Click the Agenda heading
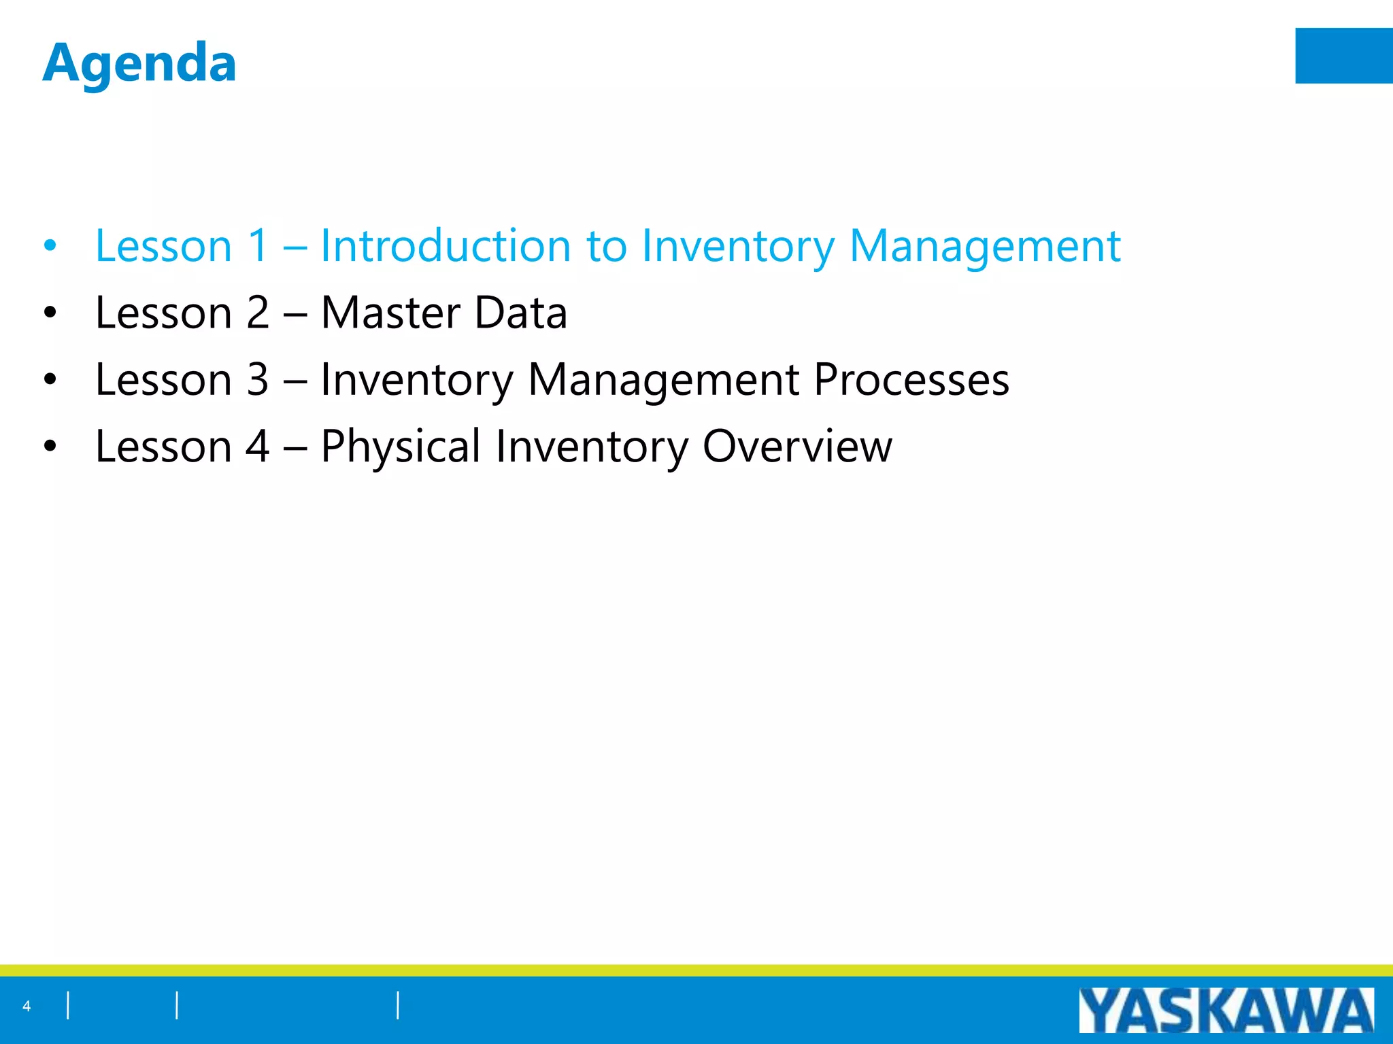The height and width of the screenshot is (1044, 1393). (x=139, y=63)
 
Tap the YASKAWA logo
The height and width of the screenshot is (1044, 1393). (x=1226, y=1011)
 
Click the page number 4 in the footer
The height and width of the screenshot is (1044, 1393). (x=27, y=1007)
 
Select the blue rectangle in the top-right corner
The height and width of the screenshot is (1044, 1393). (x=1343, y=56)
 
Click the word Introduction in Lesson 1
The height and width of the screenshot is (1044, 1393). (x=445, y=245)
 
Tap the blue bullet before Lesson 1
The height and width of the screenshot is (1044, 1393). (x=50, y=246)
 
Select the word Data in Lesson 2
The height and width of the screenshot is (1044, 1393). (x=520, y=313)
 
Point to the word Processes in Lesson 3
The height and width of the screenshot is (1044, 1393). (x=911, y=379)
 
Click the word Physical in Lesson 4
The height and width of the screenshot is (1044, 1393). (x=400, y=447)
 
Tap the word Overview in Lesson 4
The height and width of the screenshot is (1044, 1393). (x=796, y=447)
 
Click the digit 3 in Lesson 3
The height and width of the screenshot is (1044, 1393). (x=257, y=379)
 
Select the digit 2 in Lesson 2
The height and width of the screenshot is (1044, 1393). (x=257, y=313)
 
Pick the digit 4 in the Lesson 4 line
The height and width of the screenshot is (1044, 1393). (x=257, y=447)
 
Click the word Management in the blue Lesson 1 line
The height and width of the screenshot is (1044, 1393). (x=984, y=245)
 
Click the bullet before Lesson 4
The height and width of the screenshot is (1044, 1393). (x=50, y=447)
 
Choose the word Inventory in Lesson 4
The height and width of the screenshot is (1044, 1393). (x=591, y=447)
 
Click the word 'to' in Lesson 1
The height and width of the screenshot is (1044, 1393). (x=605, y=245)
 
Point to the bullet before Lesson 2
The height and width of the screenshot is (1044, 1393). (x=50, y=313)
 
